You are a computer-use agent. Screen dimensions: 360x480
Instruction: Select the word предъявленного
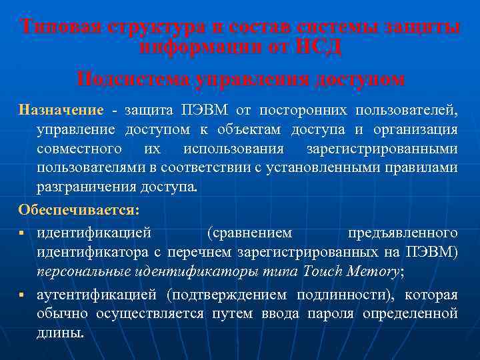tap(403, 233)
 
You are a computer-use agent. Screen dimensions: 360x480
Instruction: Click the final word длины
tap(60, 333)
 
